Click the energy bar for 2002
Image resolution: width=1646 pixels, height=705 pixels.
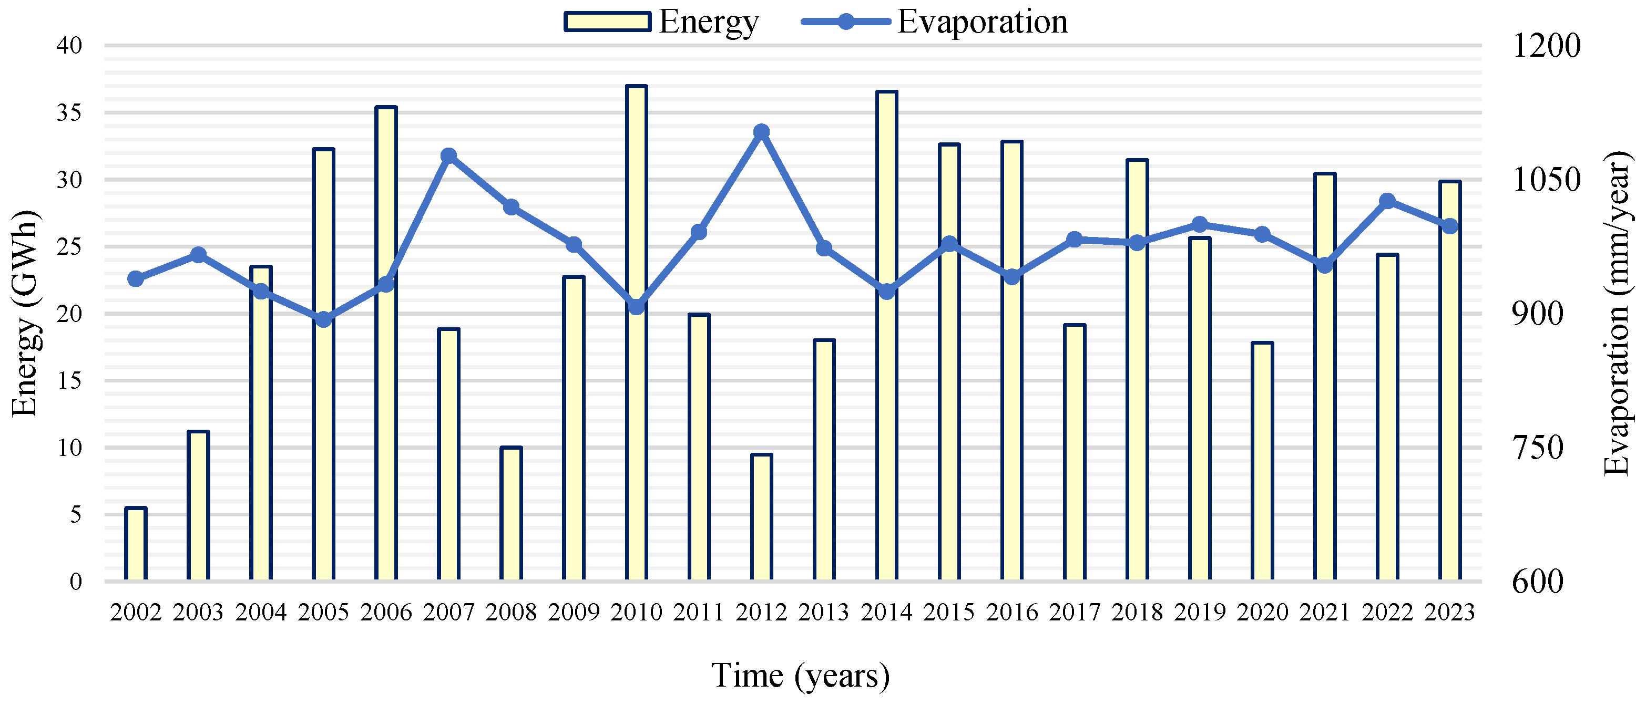coord(136,544)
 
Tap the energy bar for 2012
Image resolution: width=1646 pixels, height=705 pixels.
coord(762,517)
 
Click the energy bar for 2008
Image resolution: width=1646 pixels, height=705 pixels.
coord(511,514)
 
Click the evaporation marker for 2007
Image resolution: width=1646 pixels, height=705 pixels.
coord(448,156)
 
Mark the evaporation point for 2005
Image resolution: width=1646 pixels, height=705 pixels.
coord(324,319)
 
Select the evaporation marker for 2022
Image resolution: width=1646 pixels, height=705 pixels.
coord(1387,201)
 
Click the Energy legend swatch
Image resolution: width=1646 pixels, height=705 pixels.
coord(607,22)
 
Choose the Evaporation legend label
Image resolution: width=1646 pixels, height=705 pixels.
coord(982,22)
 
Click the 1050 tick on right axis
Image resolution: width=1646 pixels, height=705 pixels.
coord(1546,180)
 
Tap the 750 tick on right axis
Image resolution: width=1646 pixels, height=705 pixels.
coord(1537,447)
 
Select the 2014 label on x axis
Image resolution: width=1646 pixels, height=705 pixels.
coord(886,613)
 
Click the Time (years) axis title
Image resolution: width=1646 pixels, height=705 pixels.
coord(800,676)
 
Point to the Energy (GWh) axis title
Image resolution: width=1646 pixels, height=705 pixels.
coord(26,313)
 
